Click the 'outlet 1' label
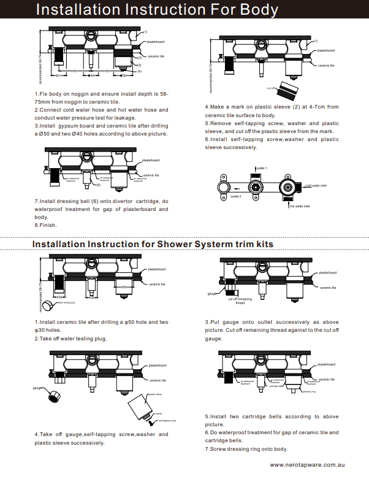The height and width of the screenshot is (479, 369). pyautogui.click(x=261, y=167)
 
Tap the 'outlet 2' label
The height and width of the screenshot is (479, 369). pyautogui.click(x=236, y=196)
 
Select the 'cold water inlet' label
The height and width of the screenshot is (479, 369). pyautogui.click(x=316, y=185)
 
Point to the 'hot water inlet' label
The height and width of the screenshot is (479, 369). pyautogui.click(x=300, y=206)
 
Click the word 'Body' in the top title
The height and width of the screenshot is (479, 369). pyautogui.click(x=254, y=10)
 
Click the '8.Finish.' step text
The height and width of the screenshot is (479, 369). pyautogui.click(x=46, y=225)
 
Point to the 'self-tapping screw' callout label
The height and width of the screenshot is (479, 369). pyautogui.click(x=167, y=420)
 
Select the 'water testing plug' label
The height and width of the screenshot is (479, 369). pyautogui.click(x=65, y=302)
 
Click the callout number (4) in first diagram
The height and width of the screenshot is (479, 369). pyautogui.click(x=140, y=71)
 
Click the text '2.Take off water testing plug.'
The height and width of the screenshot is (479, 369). pyautogui.click(x=70, y=338)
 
